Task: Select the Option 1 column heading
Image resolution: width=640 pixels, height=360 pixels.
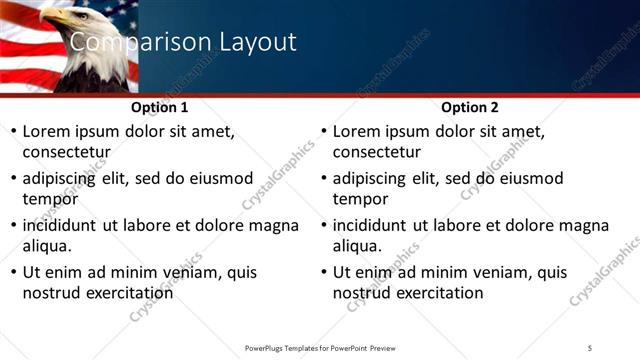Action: pos(159,107)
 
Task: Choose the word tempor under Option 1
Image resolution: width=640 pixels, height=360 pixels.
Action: pos(50,199)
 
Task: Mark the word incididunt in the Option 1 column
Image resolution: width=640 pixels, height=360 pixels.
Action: pos(65,225)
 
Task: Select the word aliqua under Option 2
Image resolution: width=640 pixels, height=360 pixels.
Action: pos(358,246)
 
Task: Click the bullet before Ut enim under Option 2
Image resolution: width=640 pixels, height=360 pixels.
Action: pos(324,272)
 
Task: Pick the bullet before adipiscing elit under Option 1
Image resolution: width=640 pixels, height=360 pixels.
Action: pos(13,178)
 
